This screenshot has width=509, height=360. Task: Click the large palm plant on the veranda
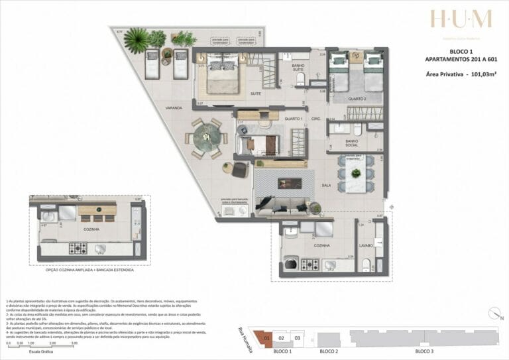pyautogui.click(x=137, y=39)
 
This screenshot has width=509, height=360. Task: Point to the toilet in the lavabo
pyautogui.click(x=366, y=267)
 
